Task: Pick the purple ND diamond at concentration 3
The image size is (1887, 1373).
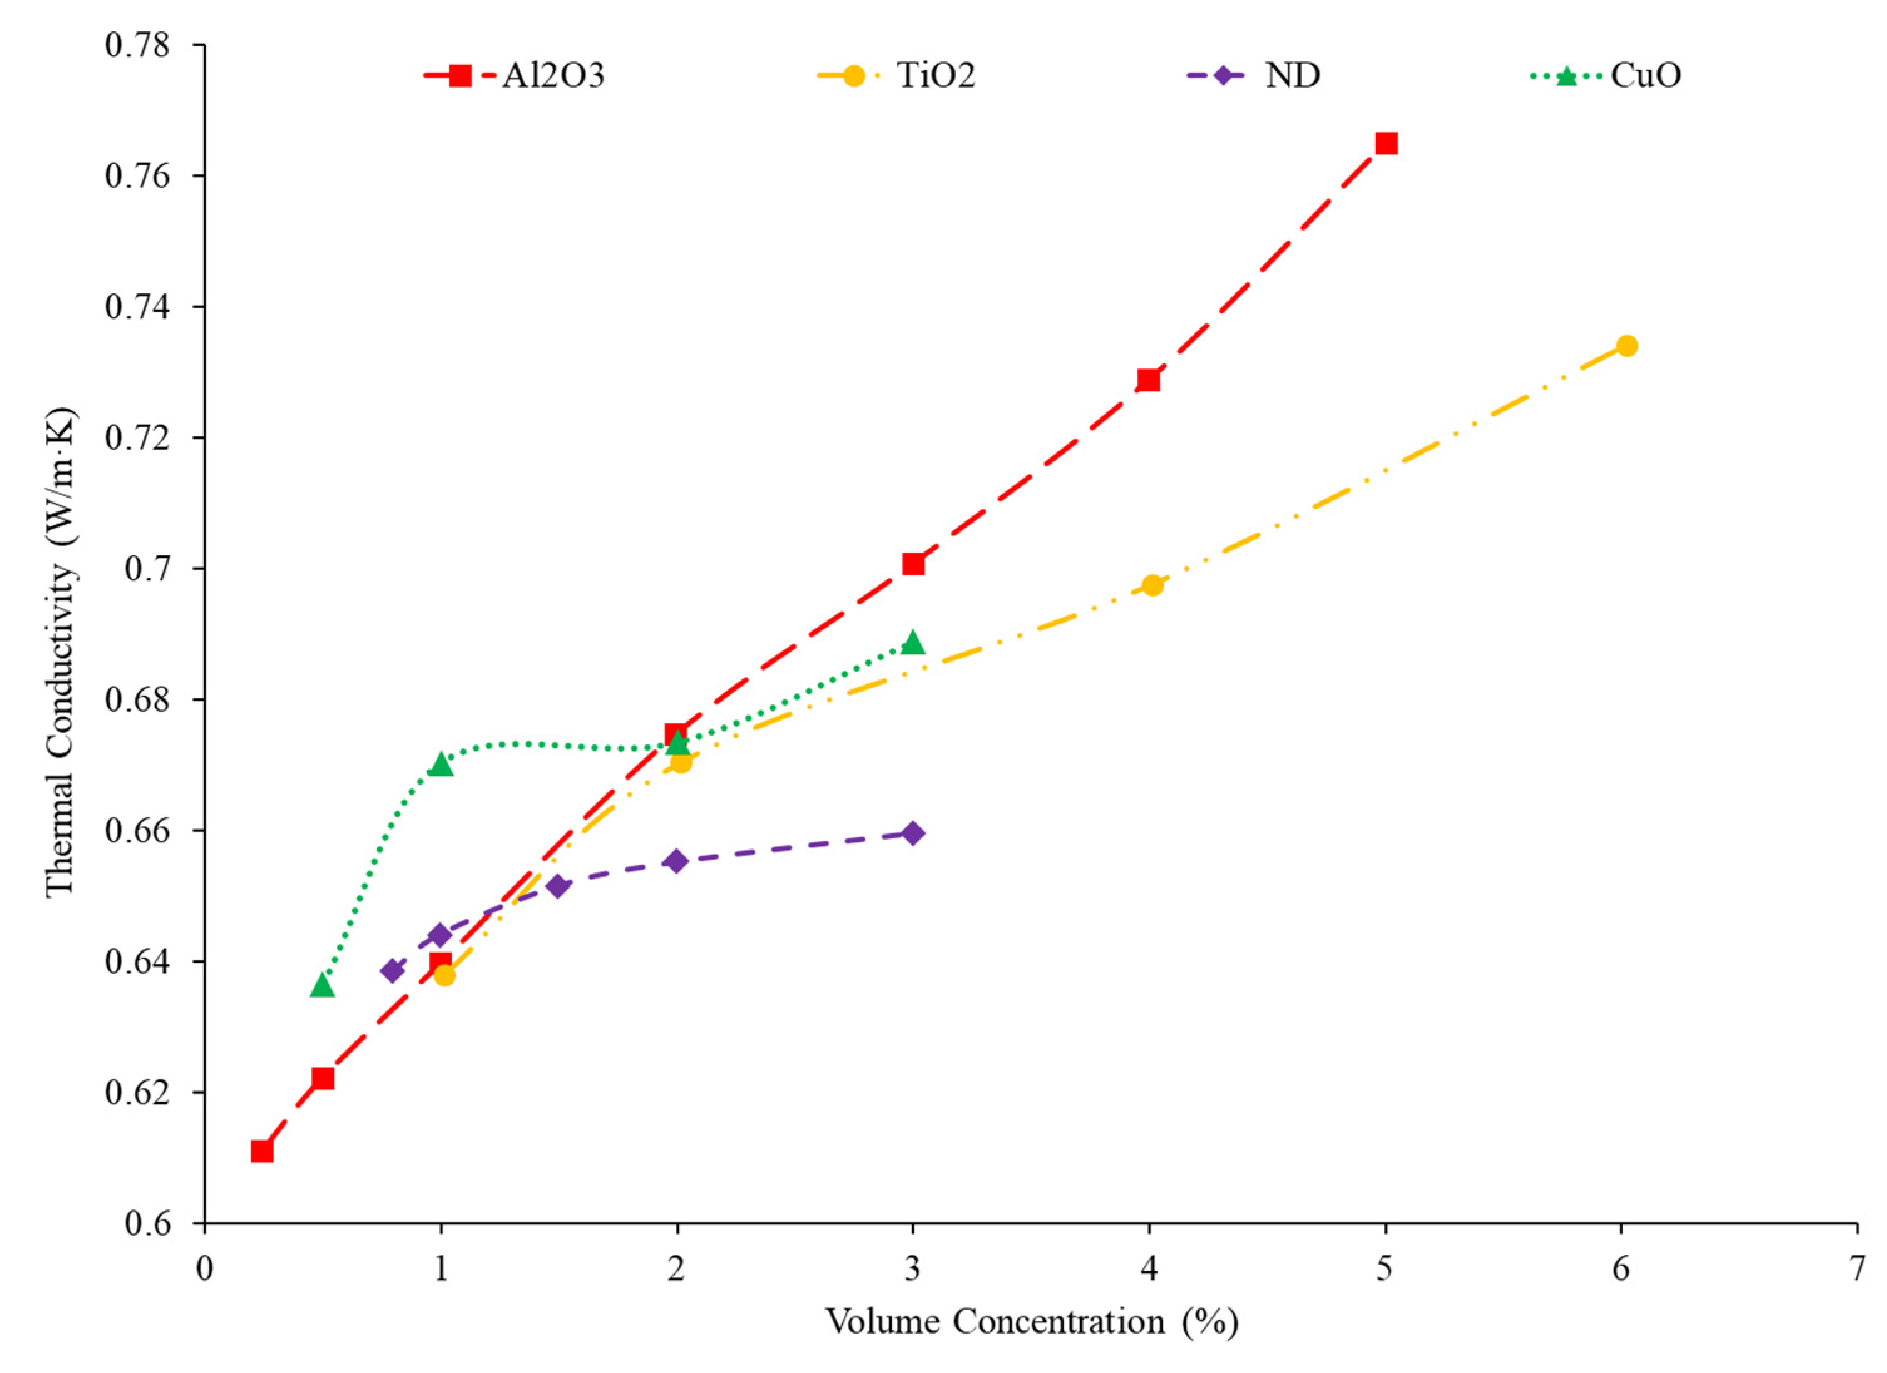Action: click(x=912, y=833)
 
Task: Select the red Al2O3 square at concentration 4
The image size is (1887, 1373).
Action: click(x=1149, y=380)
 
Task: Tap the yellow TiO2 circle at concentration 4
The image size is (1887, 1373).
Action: click(x=1153, y=585)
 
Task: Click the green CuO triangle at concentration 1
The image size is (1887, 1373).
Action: click(x=441, y=765)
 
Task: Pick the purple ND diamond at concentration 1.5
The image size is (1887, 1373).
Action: click(x=558, y=885)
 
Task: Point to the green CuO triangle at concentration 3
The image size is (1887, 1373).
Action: click(x=912, y=643)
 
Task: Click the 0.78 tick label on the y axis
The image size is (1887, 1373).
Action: click(x=137, y=45)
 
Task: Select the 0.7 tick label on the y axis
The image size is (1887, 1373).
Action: click(x=148, y=569)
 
